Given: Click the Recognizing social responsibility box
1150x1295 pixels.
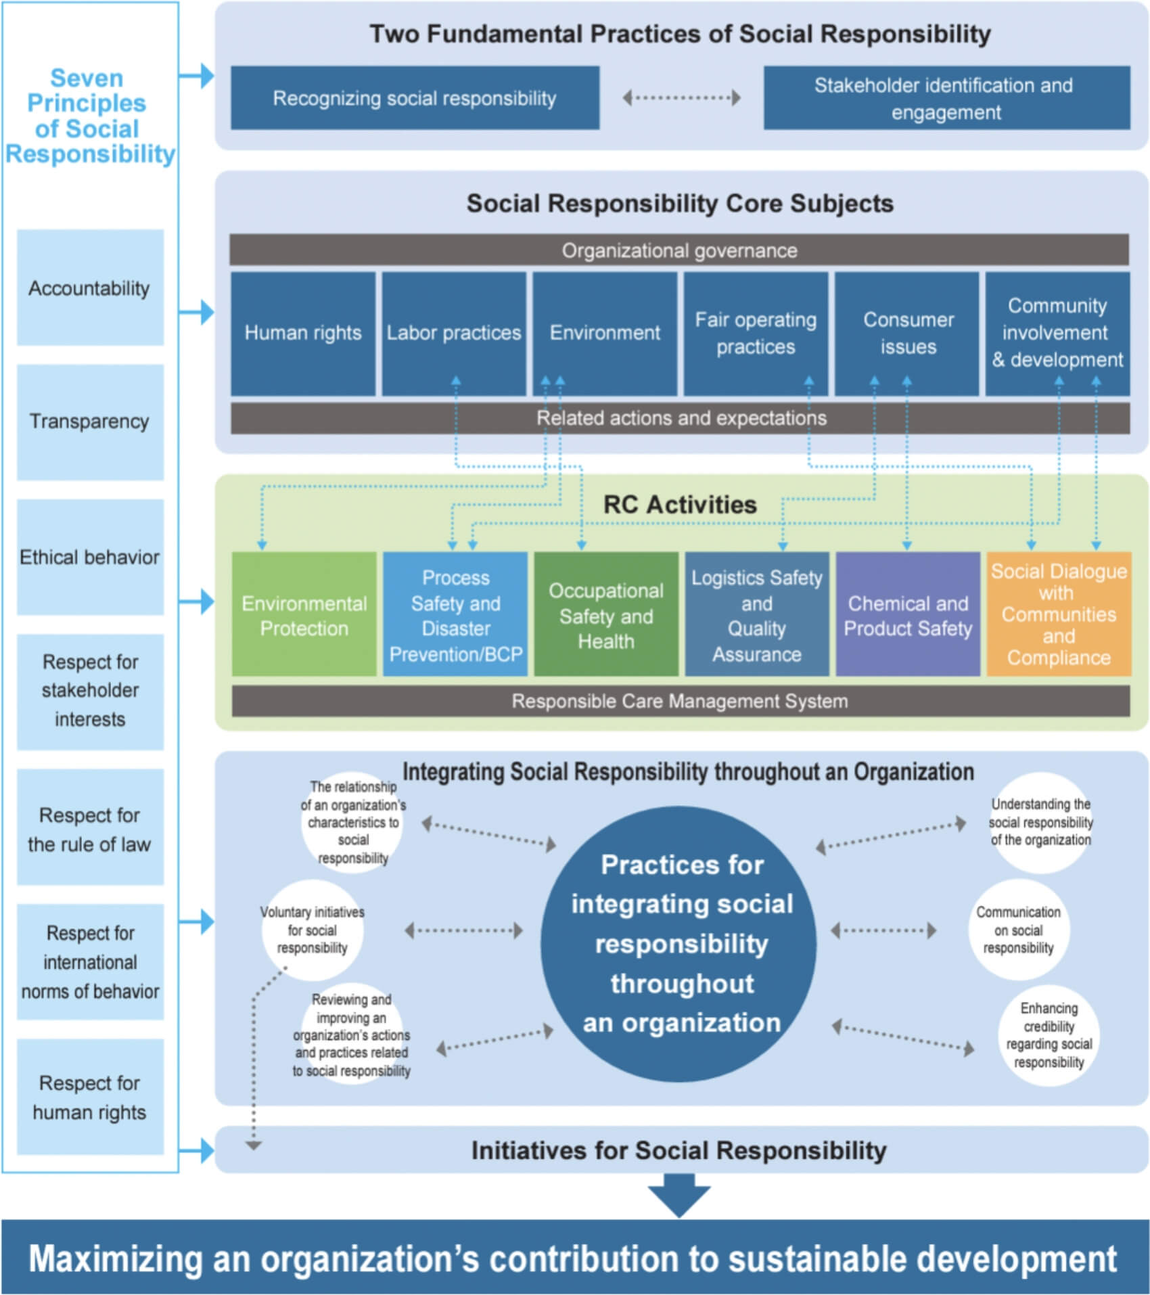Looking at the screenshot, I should (x=415, y=98).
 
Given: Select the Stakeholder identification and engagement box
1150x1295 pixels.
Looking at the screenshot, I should (x=946, y=98).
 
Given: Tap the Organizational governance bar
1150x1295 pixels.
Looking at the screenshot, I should (x=678, y=250).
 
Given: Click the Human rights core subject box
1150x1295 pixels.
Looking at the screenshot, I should (x=302, y=333).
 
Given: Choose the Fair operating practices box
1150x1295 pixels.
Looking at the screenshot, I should (x=755, y=333).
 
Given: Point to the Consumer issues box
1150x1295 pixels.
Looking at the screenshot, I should (x=907, y=333).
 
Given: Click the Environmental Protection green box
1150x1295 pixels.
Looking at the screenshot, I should (x=304, y=614).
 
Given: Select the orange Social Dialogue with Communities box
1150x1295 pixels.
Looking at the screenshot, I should (x=1058, y=614).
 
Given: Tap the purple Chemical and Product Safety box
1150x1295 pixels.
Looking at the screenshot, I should (x=907, y=614).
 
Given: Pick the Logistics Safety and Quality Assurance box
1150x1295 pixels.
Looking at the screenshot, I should (x=756, y=614).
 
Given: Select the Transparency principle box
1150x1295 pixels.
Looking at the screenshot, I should (x=90, y=422).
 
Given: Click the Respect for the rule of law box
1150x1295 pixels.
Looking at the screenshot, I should (x=90, y=828).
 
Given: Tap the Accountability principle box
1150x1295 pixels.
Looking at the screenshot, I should (x=90, y=288).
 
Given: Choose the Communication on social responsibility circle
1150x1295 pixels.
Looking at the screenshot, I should (x=1018, y=930).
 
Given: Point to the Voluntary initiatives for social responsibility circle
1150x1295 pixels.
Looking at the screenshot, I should (x=313, y=930).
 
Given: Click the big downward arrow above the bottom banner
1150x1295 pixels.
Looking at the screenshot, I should (x=678, y=1195).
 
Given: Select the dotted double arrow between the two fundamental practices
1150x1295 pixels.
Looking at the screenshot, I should (x=681, y=98).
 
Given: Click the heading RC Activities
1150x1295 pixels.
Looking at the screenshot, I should (x=679, y=505).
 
